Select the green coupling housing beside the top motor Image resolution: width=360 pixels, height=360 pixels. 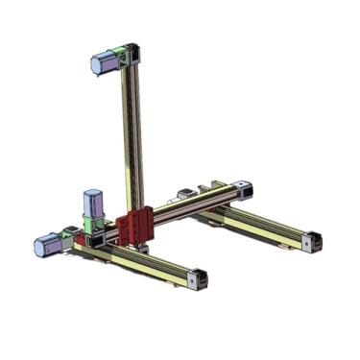[x=118, y=57]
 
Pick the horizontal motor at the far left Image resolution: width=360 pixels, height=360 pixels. [x=45, y=245]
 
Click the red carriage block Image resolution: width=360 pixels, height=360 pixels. [x=135, y=227]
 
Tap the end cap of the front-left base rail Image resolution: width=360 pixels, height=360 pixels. [x=199, y=278]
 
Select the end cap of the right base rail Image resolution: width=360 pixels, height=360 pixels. [x=308, y=241]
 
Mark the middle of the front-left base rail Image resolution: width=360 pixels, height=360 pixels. [x=144, y=260]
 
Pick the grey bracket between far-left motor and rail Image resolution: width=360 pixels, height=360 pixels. [x=67, y=235]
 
